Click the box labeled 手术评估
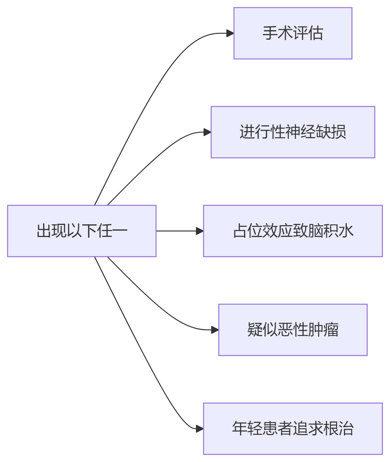pos(293,33)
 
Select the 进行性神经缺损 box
pos(293,132)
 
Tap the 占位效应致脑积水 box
pos(293,231)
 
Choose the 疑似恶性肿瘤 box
pos(293,330)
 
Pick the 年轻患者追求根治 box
pos(293,429)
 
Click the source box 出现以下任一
pos(81,231)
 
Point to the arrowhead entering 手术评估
pos(230,33)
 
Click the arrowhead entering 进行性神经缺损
pos(207,132)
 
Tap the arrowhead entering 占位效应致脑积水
pos(200,231)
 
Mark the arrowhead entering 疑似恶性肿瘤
pos(215,330)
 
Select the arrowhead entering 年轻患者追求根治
pos(200,429)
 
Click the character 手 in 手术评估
pos(270,33)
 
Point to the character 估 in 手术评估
pos(316,33)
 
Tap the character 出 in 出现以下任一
pos(44,231)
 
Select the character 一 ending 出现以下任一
pos(120,231)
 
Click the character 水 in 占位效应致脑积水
pos(346,231)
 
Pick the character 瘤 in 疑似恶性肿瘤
pos(331,330)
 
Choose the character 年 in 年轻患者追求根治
pos(240,429)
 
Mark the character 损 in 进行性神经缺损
pos(339,132)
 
